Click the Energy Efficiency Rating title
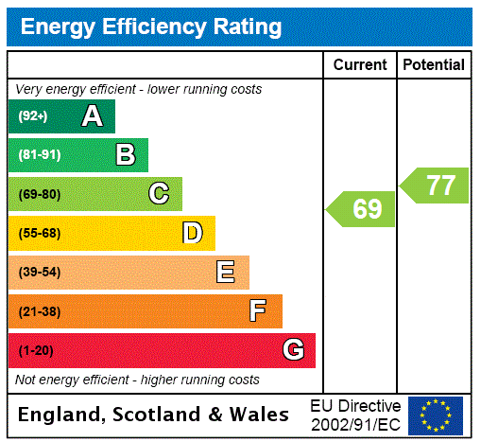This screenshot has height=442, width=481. pos(151,27)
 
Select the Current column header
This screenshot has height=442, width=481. pos(360,65)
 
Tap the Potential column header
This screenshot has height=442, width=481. pos(434,65)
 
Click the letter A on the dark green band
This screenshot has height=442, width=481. pos(92,116)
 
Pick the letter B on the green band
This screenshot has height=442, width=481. pos(125,155)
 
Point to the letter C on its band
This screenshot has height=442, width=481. pos(159,194)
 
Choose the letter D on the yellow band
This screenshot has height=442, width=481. pos(192,233)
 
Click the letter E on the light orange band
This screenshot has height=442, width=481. pos(225,273)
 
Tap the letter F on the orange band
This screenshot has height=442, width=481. pos(258,311)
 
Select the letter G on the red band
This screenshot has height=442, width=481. pos(293,350)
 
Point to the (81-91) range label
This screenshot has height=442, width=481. pos(39,155)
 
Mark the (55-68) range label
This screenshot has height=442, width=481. pos(39,234)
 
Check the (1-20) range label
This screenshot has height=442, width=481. pos(36,351)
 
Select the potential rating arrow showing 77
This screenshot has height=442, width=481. pos(436,186)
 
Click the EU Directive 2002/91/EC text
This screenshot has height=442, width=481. pos(355,415)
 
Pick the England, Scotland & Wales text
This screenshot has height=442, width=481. pos(154,415)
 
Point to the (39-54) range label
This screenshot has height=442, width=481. pos(39,273)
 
